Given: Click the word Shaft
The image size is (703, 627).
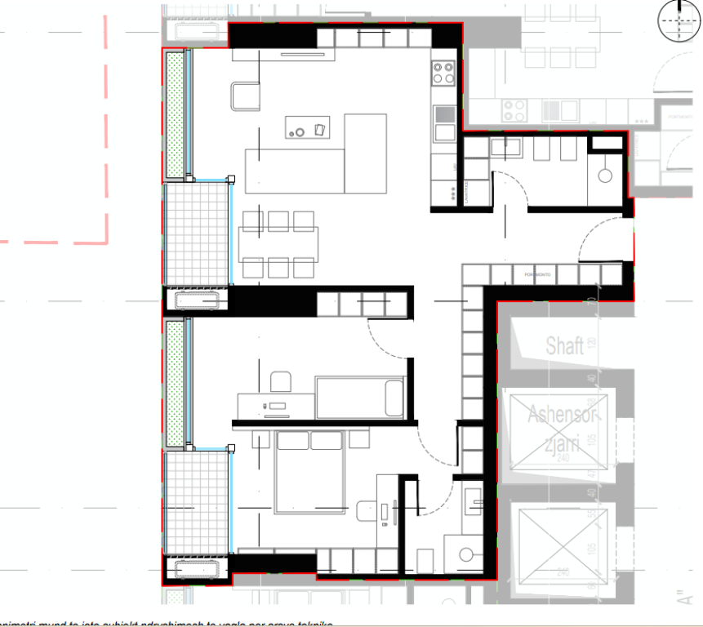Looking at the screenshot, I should click(x=564, y=345).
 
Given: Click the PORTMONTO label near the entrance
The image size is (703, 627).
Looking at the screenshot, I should click(x=537, y=275).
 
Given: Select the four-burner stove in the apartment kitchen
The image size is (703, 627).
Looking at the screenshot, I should click(x=444, y=73).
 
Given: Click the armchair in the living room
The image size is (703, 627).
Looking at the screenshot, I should click(x=245, y=97).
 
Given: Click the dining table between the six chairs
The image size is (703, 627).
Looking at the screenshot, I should click(x=278, y=243).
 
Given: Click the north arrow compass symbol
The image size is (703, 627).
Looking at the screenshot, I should click(x=679, y=20).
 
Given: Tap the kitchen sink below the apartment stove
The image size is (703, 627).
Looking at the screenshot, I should click(x=445, y=132).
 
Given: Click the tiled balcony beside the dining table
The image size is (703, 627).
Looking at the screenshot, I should click(x=196, y=233).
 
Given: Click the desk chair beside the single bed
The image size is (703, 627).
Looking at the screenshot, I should click(x=280, y=381).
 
